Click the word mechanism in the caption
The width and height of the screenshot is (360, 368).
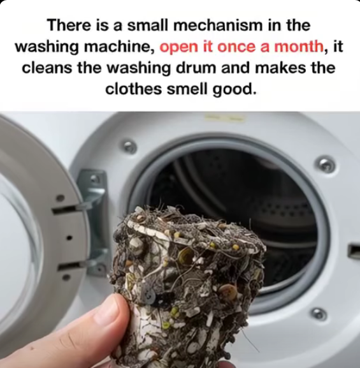(218, 26)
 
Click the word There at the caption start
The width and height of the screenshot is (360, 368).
(69, 26)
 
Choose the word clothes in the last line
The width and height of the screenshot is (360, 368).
(133, 89)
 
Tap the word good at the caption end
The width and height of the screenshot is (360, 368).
(234, 90)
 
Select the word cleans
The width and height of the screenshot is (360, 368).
(47, 68)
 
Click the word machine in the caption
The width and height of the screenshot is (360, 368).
(119, 47)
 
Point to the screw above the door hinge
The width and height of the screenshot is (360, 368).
(129, 145)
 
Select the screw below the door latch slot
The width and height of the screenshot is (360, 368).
(319, 314)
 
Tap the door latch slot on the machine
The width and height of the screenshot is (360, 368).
(354, 251)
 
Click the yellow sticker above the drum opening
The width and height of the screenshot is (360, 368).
(225, 117)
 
